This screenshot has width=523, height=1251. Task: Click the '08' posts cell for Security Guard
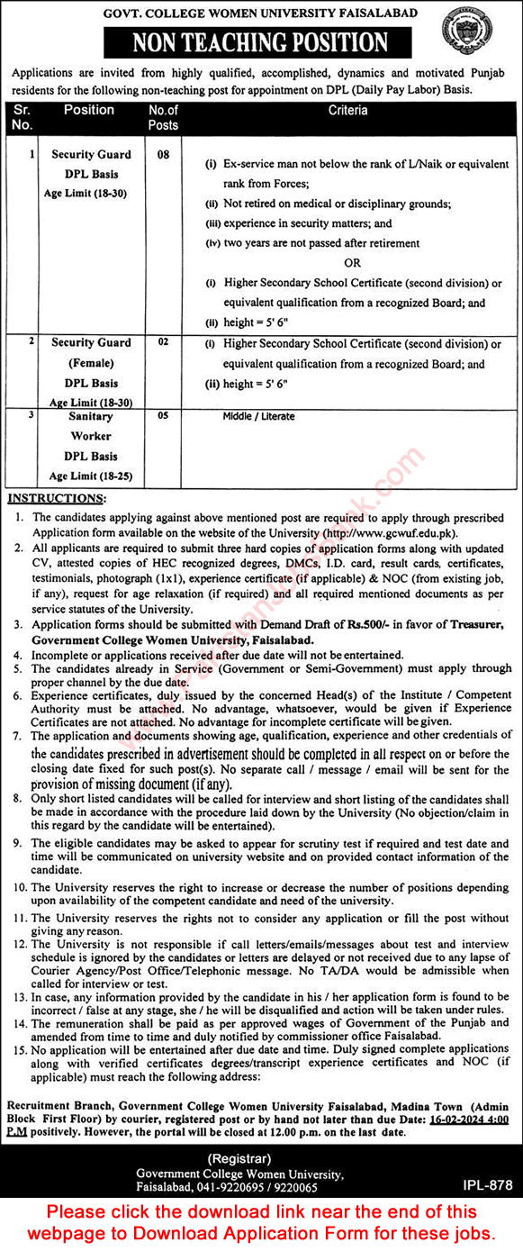163,155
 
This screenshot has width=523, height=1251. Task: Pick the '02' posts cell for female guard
163,343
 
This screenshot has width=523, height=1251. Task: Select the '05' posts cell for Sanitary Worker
163,416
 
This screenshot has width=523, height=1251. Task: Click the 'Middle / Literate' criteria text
258,417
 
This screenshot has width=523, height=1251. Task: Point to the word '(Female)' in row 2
91,363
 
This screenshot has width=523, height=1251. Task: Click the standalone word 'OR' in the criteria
352,263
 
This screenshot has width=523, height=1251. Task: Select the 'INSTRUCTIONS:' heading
56,498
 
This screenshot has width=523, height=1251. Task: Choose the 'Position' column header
89,110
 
